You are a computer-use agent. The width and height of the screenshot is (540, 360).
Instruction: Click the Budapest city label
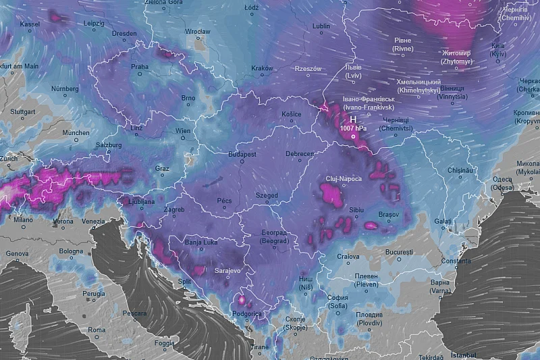[x=242, y=154]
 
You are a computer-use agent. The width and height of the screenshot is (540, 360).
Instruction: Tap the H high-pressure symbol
[x=352, y=119]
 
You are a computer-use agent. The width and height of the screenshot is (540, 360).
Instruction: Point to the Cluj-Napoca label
[x=344, y=178]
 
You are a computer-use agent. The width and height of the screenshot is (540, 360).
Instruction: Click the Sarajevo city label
[x=227, y=270]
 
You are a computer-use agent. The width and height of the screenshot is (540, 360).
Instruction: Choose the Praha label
[x=140, y=67]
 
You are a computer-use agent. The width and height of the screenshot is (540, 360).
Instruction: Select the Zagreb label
[x=173, y=210]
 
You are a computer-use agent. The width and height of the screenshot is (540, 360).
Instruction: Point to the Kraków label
[x=261, y=68]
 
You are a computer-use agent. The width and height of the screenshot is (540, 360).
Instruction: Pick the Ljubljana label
[x=138, y=201]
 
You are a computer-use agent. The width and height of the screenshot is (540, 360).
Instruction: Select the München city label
[x=76, y=132]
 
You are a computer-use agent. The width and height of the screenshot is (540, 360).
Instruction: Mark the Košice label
[x=292, y=113]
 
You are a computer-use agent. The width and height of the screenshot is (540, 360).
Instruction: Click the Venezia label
[x=93, y=221]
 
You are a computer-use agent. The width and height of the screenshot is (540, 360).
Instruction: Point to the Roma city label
[x=96, y=330]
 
